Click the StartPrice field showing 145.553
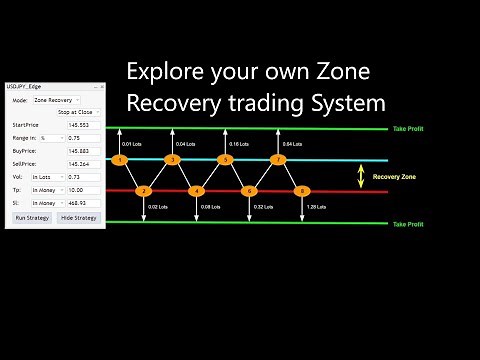(x=84, y=126)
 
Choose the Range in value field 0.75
(x=84, y=139)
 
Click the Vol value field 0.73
(x=84, y=177)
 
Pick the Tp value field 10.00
(x=84, y=189)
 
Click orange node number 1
(x=119, y=160)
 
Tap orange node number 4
(x=197, y=191)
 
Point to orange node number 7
(x=278, y=160)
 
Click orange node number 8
(x=303, y=191)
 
